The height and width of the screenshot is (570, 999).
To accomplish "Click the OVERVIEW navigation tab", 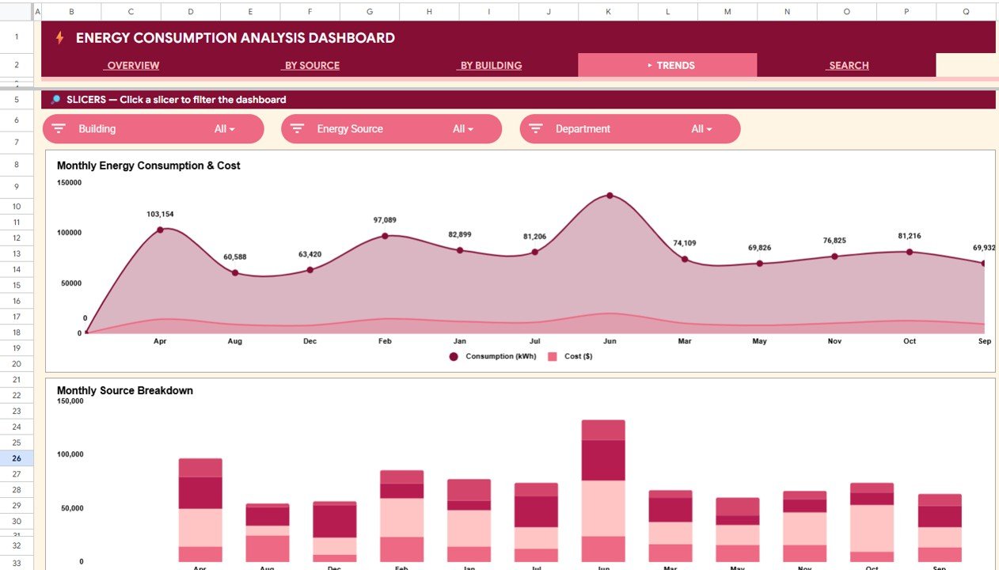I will click(133, 66).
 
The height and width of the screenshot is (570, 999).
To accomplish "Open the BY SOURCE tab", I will click(312, 66).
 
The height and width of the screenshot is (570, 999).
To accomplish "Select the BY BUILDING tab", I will click(491, 66).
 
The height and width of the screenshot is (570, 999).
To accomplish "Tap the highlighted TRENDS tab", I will click(668, 66).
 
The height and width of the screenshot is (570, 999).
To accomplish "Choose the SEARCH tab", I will click(849, 66).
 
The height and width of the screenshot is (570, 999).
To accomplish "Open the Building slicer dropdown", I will click(154, 129).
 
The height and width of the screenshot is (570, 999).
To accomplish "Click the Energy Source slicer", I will click(391, 129).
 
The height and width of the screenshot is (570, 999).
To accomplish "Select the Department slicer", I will click(630, 129).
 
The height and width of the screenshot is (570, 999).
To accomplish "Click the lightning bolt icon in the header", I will click(59, 38).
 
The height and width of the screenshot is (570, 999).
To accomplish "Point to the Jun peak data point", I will click(610, 195).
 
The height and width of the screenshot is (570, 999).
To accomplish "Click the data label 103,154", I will click(160, 215).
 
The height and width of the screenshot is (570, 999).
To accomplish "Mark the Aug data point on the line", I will click(235, 272).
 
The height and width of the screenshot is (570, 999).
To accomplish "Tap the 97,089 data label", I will click(385, 220).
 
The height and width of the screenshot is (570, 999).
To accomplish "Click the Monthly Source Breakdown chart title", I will click(125, 390).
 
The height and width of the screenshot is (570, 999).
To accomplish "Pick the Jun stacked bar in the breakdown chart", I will click(603, 490).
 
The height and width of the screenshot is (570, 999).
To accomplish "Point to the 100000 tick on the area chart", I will click(68, 233).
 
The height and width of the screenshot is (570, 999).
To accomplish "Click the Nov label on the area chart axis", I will click(834, 341).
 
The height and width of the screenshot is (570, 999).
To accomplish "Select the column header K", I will click(608, 12).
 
